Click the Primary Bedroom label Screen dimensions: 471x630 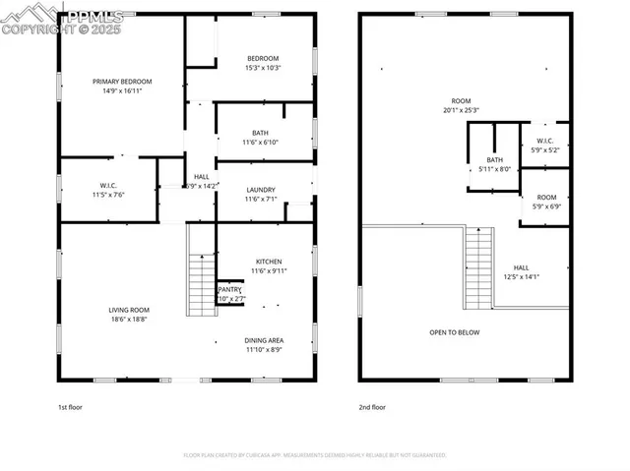click(123, 86)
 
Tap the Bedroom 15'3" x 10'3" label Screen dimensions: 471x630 click(263, 63)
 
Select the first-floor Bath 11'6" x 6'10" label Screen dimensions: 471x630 click(260, 138)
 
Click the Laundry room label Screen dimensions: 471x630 click(261, 194)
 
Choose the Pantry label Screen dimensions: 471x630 click(229, 294)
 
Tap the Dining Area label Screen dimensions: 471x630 click(264, 344)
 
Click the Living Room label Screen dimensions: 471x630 click(129, 315)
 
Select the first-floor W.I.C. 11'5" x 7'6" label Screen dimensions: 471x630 click(108, 189)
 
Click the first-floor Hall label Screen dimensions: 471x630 click(202, 181)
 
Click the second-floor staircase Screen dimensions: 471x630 click(478, 267)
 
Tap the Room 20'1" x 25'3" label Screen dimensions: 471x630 click(461, 105)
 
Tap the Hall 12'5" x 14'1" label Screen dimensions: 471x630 click(521, 272)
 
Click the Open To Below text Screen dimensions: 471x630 click(455, 332)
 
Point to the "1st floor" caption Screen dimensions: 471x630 click(70, 406)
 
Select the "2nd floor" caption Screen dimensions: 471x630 click(372, 406)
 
